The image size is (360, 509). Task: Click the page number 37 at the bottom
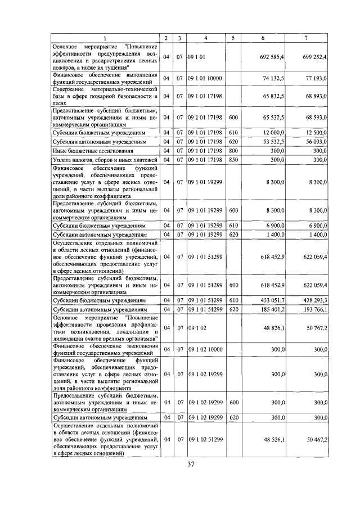tap(191, 464)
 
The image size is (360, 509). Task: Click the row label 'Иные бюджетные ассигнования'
tap(93, 151)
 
